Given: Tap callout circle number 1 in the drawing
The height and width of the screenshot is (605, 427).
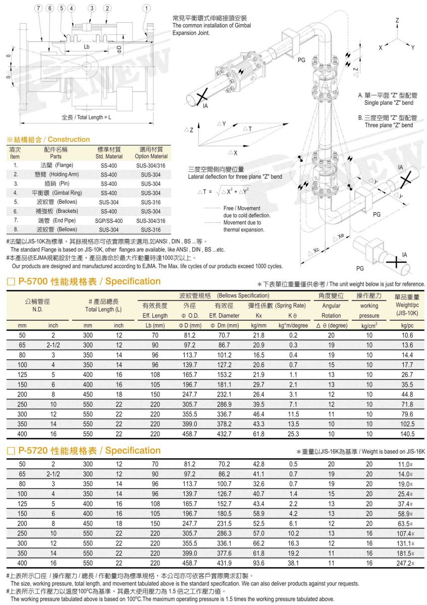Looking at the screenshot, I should click(x=146, y=9).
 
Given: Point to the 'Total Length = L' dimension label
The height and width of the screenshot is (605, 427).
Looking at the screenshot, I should click(x=86, y=117).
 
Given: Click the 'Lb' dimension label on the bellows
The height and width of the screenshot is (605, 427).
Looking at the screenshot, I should click(x=87, y=46).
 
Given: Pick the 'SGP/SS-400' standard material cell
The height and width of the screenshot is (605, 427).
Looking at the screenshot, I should click(x=109, y=220).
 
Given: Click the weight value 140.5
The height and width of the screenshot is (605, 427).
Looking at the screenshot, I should click(x=407, y=434).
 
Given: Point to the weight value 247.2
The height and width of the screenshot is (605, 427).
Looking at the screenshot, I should click(x=405, y=563).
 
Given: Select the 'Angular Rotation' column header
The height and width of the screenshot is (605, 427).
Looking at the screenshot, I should click(x=331, y=311).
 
